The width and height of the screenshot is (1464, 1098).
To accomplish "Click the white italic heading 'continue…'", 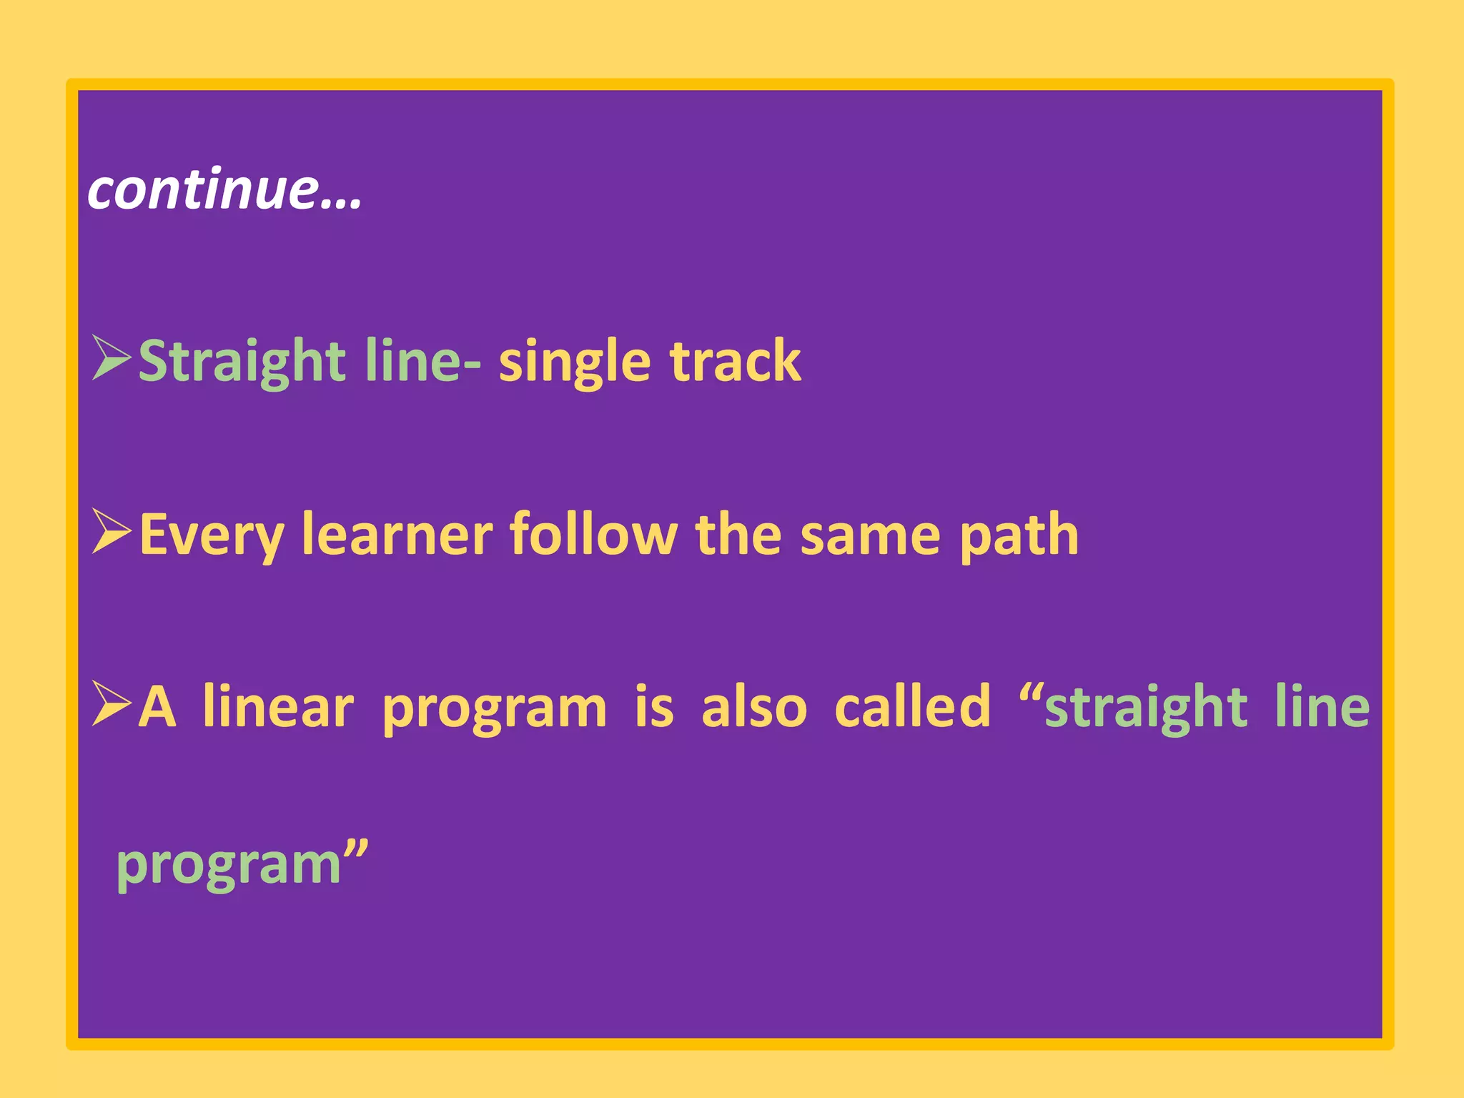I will (224, 190).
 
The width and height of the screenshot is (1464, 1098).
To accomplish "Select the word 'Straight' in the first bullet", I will (242, 362).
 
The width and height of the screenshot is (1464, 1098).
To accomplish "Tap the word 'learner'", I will (397, 535).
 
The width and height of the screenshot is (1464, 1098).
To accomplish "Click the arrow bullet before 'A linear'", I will (112, 704).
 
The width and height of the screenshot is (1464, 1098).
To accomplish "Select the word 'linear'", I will (278, 707).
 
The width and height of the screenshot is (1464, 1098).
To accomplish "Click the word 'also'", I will (753, 707).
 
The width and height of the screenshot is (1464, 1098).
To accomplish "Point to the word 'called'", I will (913, 707).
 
